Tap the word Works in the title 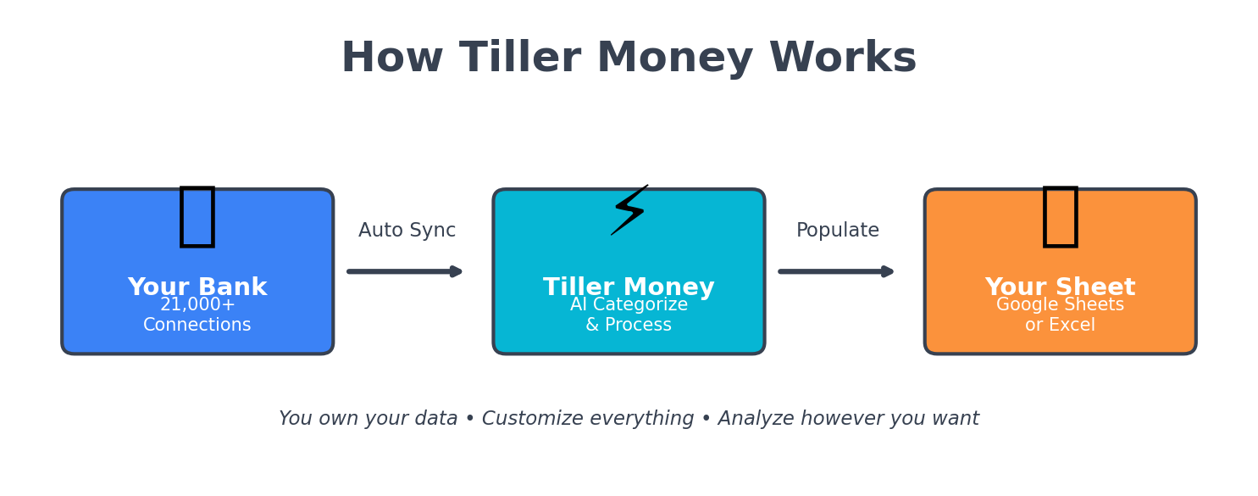click(x=843, y=59)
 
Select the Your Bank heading click(x=197, y=287)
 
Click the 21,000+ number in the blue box click(x=197, y=305)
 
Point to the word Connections click(x=197, y=326)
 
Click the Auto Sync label click(x=407, y=231)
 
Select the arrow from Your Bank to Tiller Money click(x=405, y=271)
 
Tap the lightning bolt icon click(x=629, y=210)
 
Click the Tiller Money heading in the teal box click(x=629, y=287)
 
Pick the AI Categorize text click(x=629, y=305)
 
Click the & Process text click(x=629, y=326)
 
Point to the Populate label click(x=838, y=231)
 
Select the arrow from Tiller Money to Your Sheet click(x=837, y=271)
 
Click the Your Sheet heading click(x=1060, y=287)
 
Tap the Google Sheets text click(x=1060, y=305)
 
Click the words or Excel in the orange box click(x=1060, y=326)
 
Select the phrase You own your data click(x=369, y=419)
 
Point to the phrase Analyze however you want click(x=848, y=419)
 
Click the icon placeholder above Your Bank click(x=197, y=217)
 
